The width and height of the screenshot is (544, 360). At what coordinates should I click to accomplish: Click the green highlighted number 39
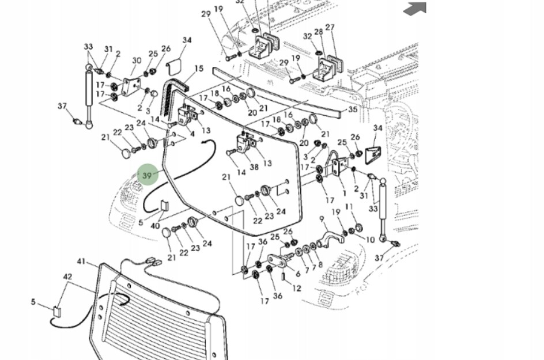click(148, 175)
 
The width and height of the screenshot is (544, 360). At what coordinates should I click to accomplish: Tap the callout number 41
click(81, 262)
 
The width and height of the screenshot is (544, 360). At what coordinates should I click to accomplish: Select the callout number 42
click(68, 276)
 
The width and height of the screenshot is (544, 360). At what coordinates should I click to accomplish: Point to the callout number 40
click(156, 226)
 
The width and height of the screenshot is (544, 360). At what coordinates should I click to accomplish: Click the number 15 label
click(199, 69)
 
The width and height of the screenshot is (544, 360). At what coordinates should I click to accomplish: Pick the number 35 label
click(353, 109)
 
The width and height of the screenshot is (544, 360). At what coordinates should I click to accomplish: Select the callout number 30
click(137, 60)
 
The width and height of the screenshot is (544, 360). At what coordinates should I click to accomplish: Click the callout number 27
click(330, 27)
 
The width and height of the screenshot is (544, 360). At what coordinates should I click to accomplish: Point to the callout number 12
click(297, 289)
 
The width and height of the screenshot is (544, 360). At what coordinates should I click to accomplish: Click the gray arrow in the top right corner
click(415, 9)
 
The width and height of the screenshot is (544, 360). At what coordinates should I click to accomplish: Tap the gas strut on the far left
click(89, 94)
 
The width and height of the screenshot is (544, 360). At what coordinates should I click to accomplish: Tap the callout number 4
click(192, 134)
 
